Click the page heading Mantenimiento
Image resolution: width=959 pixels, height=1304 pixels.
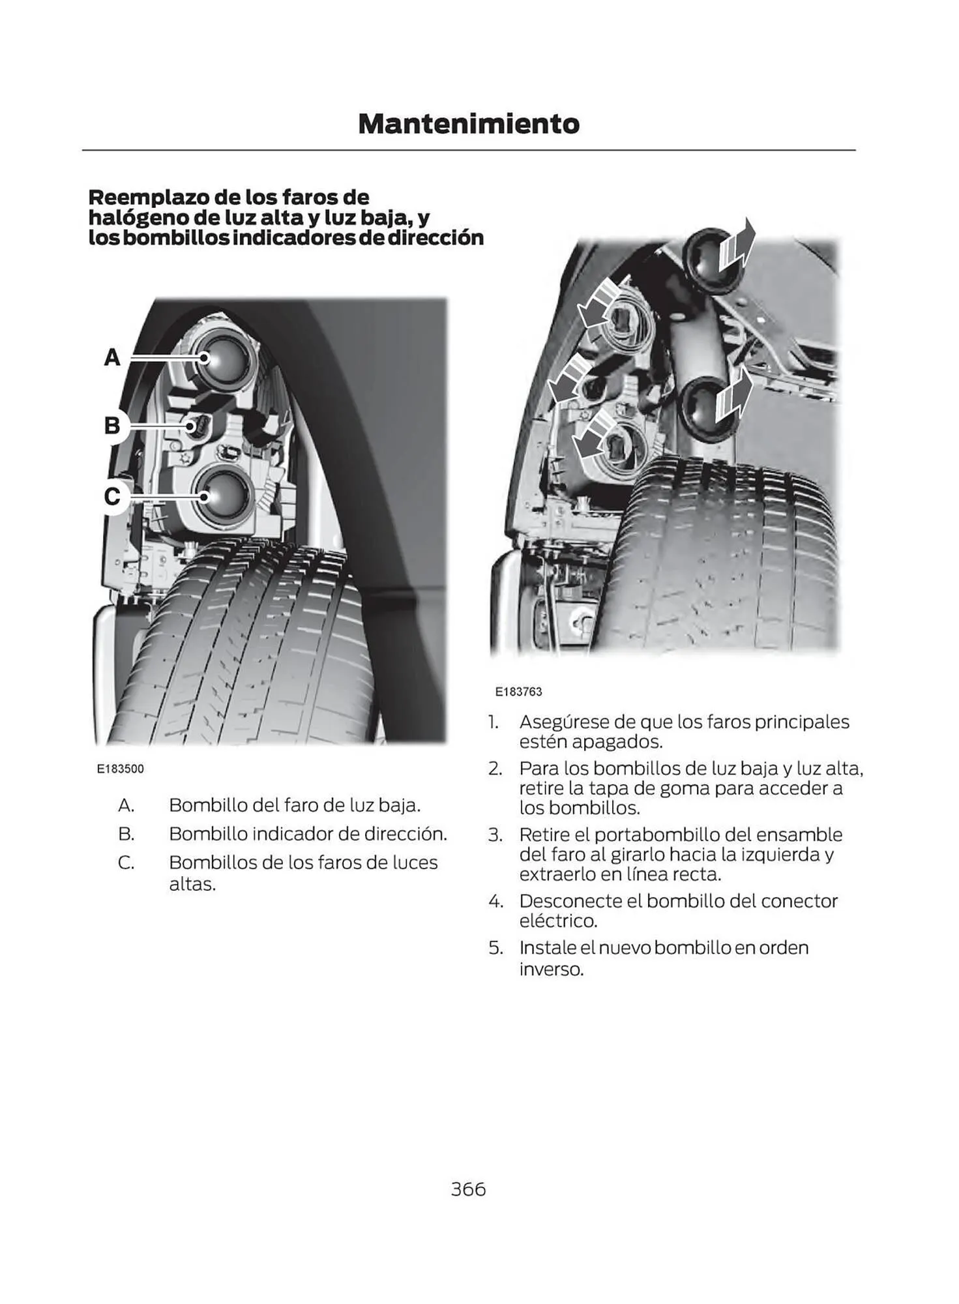(x=468, y=124)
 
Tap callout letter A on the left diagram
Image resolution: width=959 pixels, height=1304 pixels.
(x=112, y=357)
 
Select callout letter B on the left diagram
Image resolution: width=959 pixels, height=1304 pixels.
(x=112, y=426)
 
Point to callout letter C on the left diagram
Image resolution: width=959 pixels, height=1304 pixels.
(x=112, y=496)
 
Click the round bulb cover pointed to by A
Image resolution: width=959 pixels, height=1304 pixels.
(x=224, y=357)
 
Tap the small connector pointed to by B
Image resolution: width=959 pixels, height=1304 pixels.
(x=199, y=426)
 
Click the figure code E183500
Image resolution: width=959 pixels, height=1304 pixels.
(x=120, y=769)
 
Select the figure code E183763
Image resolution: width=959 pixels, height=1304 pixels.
(x=518, y=692)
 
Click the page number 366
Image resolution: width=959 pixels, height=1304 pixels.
(x=468, y=1189)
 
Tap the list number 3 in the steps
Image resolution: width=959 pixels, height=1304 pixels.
(x=495, y=835)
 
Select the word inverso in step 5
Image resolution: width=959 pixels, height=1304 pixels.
(x=551, y=970)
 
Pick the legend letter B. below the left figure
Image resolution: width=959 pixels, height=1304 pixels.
(x=126, y=834)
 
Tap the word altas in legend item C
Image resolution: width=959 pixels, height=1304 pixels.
(x=192, y=885)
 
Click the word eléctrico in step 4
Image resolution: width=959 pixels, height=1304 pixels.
(x=557, y=921)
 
